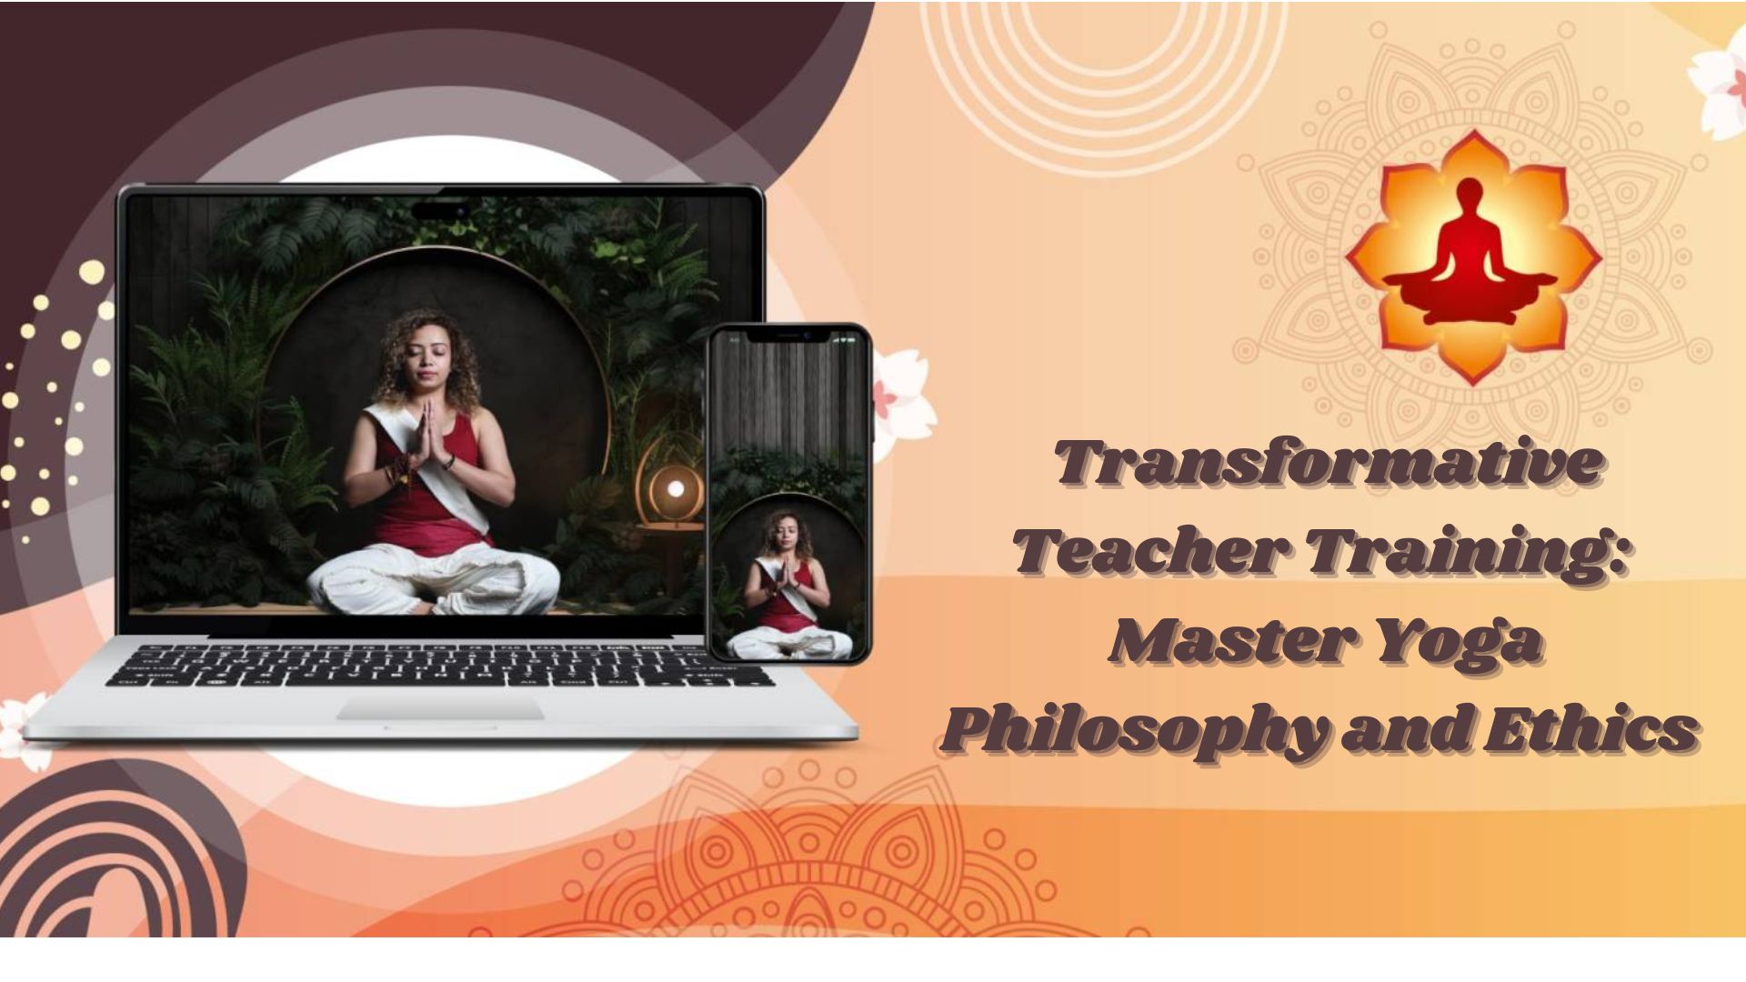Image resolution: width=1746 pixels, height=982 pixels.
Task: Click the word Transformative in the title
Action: (x=1328, y=462)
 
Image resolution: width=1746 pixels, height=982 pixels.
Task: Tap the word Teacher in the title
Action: (x=1151, y=551)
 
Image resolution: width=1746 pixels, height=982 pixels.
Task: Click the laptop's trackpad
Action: (x=441, y=709)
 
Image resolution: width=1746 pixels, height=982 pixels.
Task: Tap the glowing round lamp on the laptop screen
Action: (x=675, y=489)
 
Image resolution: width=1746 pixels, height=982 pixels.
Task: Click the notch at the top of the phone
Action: (x=789, y=336)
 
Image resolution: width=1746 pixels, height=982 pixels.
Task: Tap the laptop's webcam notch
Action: (x=447, y=211)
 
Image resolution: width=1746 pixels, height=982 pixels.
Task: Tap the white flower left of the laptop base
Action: (x=23, y=727)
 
